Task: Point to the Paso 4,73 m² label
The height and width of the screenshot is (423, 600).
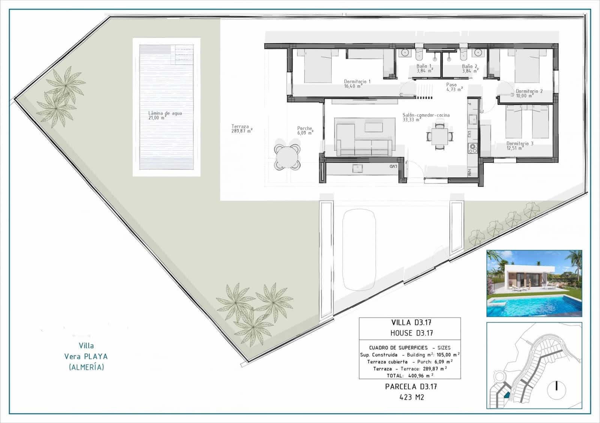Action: [x=454, y=87]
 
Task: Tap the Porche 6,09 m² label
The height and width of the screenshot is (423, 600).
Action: [x=305, y=130]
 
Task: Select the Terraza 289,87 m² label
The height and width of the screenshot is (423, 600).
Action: [x=241, y=129]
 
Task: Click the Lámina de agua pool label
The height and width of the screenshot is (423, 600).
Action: [x=165, y=115]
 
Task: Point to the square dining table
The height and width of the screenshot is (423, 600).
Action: [x=439, y=136]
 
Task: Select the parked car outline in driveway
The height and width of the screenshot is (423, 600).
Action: [x=359, y=250]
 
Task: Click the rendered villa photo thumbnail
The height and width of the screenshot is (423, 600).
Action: [x=534, y=283]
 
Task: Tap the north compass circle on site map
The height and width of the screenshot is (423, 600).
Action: [x=557, y=390]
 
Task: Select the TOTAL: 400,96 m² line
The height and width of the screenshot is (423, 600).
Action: [x=409, y=375]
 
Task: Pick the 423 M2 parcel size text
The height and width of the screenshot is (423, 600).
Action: [x=411, y=397]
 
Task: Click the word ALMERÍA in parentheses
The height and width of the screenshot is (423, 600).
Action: [x=86, y=367]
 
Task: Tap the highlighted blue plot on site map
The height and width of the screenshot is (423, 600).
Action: [x=507, y=394]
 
